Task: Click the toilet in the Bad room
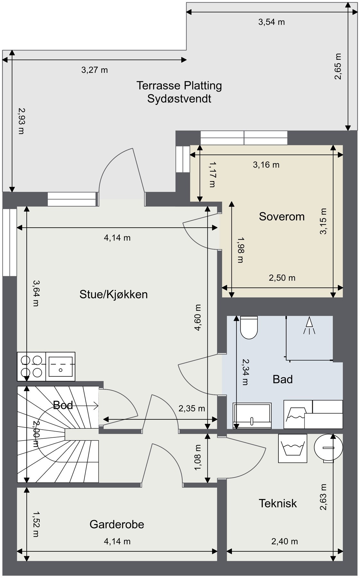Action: [x=249, y=328]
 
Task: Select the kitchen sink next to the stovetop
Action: [x=60, y=366]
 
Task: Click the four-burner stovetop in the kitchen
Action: [x=31, y=366]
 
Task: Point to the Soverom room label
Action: [x=282, y=216]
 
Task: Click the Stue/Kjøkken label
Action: [x=114, y=294]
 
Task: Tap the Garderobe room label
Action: [x=117, y=524]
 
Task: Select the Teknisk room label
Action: [x=278, y=503]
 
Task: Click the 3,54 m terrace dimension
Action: [x=272, y=22]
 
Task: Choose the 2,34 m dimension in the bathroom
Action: [x=245, y=372]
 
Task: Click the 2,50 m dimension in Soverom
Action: [x=282, y=278]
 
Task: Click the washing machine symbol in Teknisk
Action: [x=292, y=448]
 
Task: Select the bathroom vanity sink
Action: [x=252, y=416]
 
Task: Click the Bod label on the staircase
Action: [x=63, y=405]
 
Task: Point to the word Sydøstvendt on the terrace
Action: [x=179, y=99]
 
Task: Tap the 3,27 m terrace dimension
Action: [x=94, y=70]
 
